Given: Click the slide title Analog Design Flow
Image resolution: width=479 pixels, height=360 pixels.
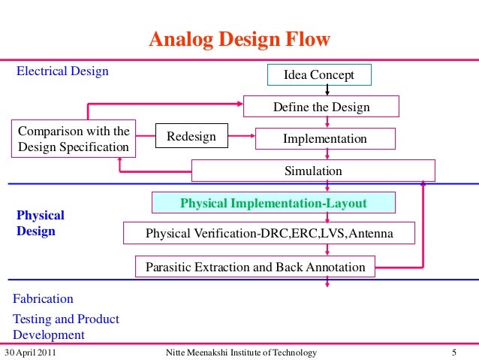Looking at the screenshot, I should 239,39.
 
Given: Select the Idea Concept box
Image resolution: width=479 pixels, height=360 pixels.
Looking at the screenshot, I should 318,75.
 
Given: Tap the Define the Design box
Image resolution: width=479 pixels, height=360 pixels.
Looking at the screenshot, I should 321,107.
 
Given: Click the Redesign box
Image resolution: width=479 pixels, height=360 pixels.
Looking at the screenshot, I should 191,137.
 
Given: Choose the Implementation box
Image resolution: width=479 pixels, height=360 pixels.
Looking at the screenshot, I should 324,139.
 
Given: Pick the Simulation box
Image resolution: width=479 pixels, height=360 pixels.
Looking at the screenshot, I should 312,171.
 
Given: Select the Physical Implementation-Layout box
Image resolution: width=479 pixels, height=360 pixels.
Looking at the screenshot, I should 273,203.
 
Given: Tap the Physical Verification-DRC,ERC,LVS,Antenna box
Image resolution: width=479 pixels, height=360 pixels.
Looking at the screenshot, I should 269,234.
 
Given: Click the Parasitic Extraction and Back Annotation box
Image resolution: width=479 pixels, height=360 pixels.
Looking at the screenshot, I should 255,266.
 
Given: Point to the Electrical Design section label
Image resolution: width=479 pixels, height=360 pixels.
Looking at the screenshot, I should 62,71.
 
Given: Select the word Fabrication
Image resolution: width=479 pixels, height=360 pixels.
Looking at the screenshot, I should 43,298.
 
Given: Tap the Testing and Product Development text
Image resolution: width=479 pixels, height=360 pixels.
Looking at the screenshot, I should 65,327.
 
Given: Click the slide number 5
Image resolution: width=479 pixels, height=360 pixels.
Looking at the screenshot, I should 454,352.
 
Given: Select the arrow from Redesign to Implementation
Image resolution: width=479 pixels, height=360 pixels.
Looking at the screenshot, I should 240,137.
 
